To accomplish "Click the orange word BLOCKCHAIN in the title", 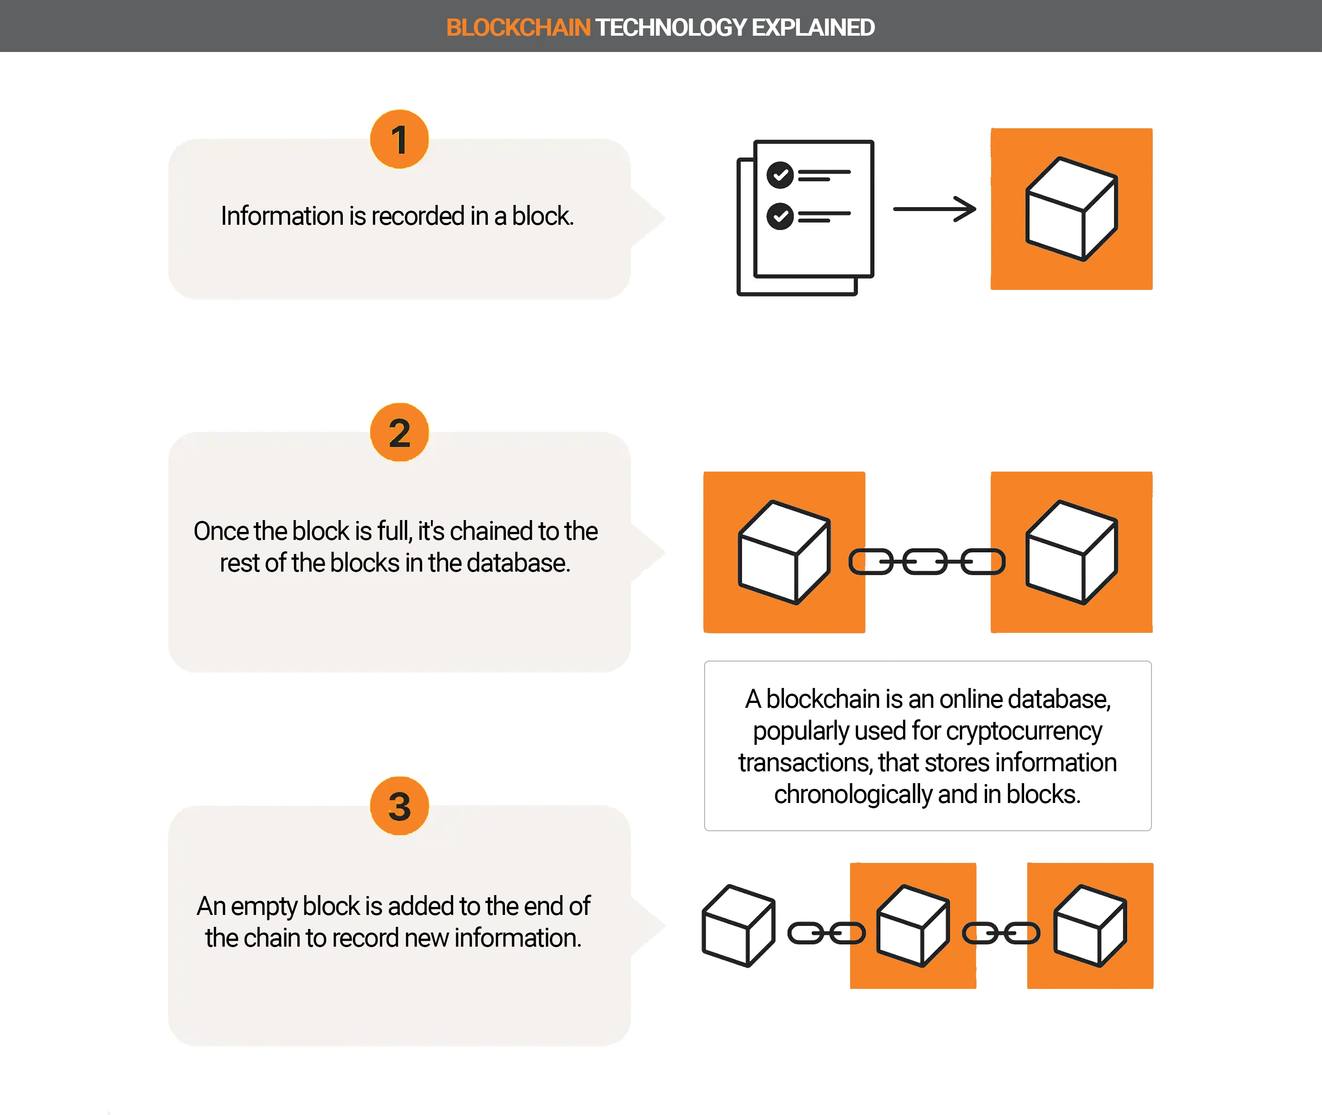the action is click(x=518, y=28).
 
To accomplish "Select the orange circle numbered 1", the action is click(x=399, y=139).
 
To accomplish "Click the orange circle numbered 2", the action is click(x=399, y=432).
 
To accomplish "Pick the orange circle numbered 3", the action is click(x=399, y=806).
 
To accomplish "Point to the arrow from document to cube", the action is click(x=935, y=208).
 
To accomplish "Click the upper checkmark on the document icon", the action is click(x=780, y=175).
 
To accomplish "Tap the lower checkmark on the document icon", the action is click(x=780, y=216).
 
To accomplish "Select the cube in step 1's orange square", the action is click(x=1072, y=208).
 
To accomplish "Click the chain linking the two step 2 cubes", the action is click(x=927, y=561).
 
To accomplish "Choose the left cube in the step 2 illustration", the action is click(x=784, y=552).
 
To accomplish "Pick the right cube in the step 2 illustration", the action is click(x=1072, y=552).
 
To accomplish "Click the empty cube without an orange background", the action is click(x=739, y=925).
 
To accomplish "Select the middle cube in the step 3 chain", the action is click(x=913, y=925).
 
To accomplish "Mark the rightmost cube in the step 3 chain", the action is click(x=1090, y=925).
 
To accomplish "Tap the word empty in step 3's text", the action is click(x=264, y=907).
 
